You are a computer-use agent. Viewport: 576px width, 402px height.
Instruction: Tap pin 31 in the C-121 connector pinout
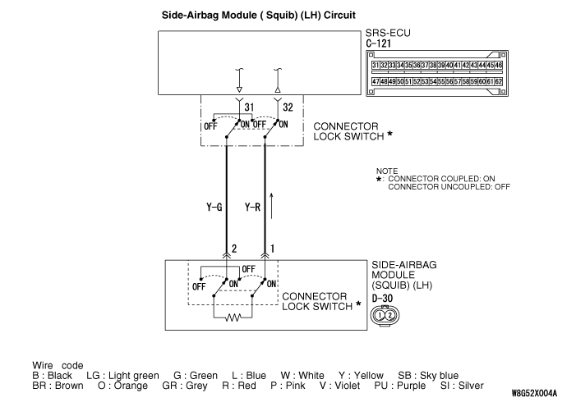click(376, 64)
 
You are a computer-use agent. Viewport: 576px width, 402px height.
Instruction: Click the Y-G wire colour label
click(214, 208)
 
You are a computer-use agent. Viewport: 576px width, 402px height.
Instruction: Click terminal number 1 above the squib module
click(273, 249)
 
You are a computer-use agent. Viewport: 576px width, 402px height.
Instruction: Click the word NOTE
click(386, 171)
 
